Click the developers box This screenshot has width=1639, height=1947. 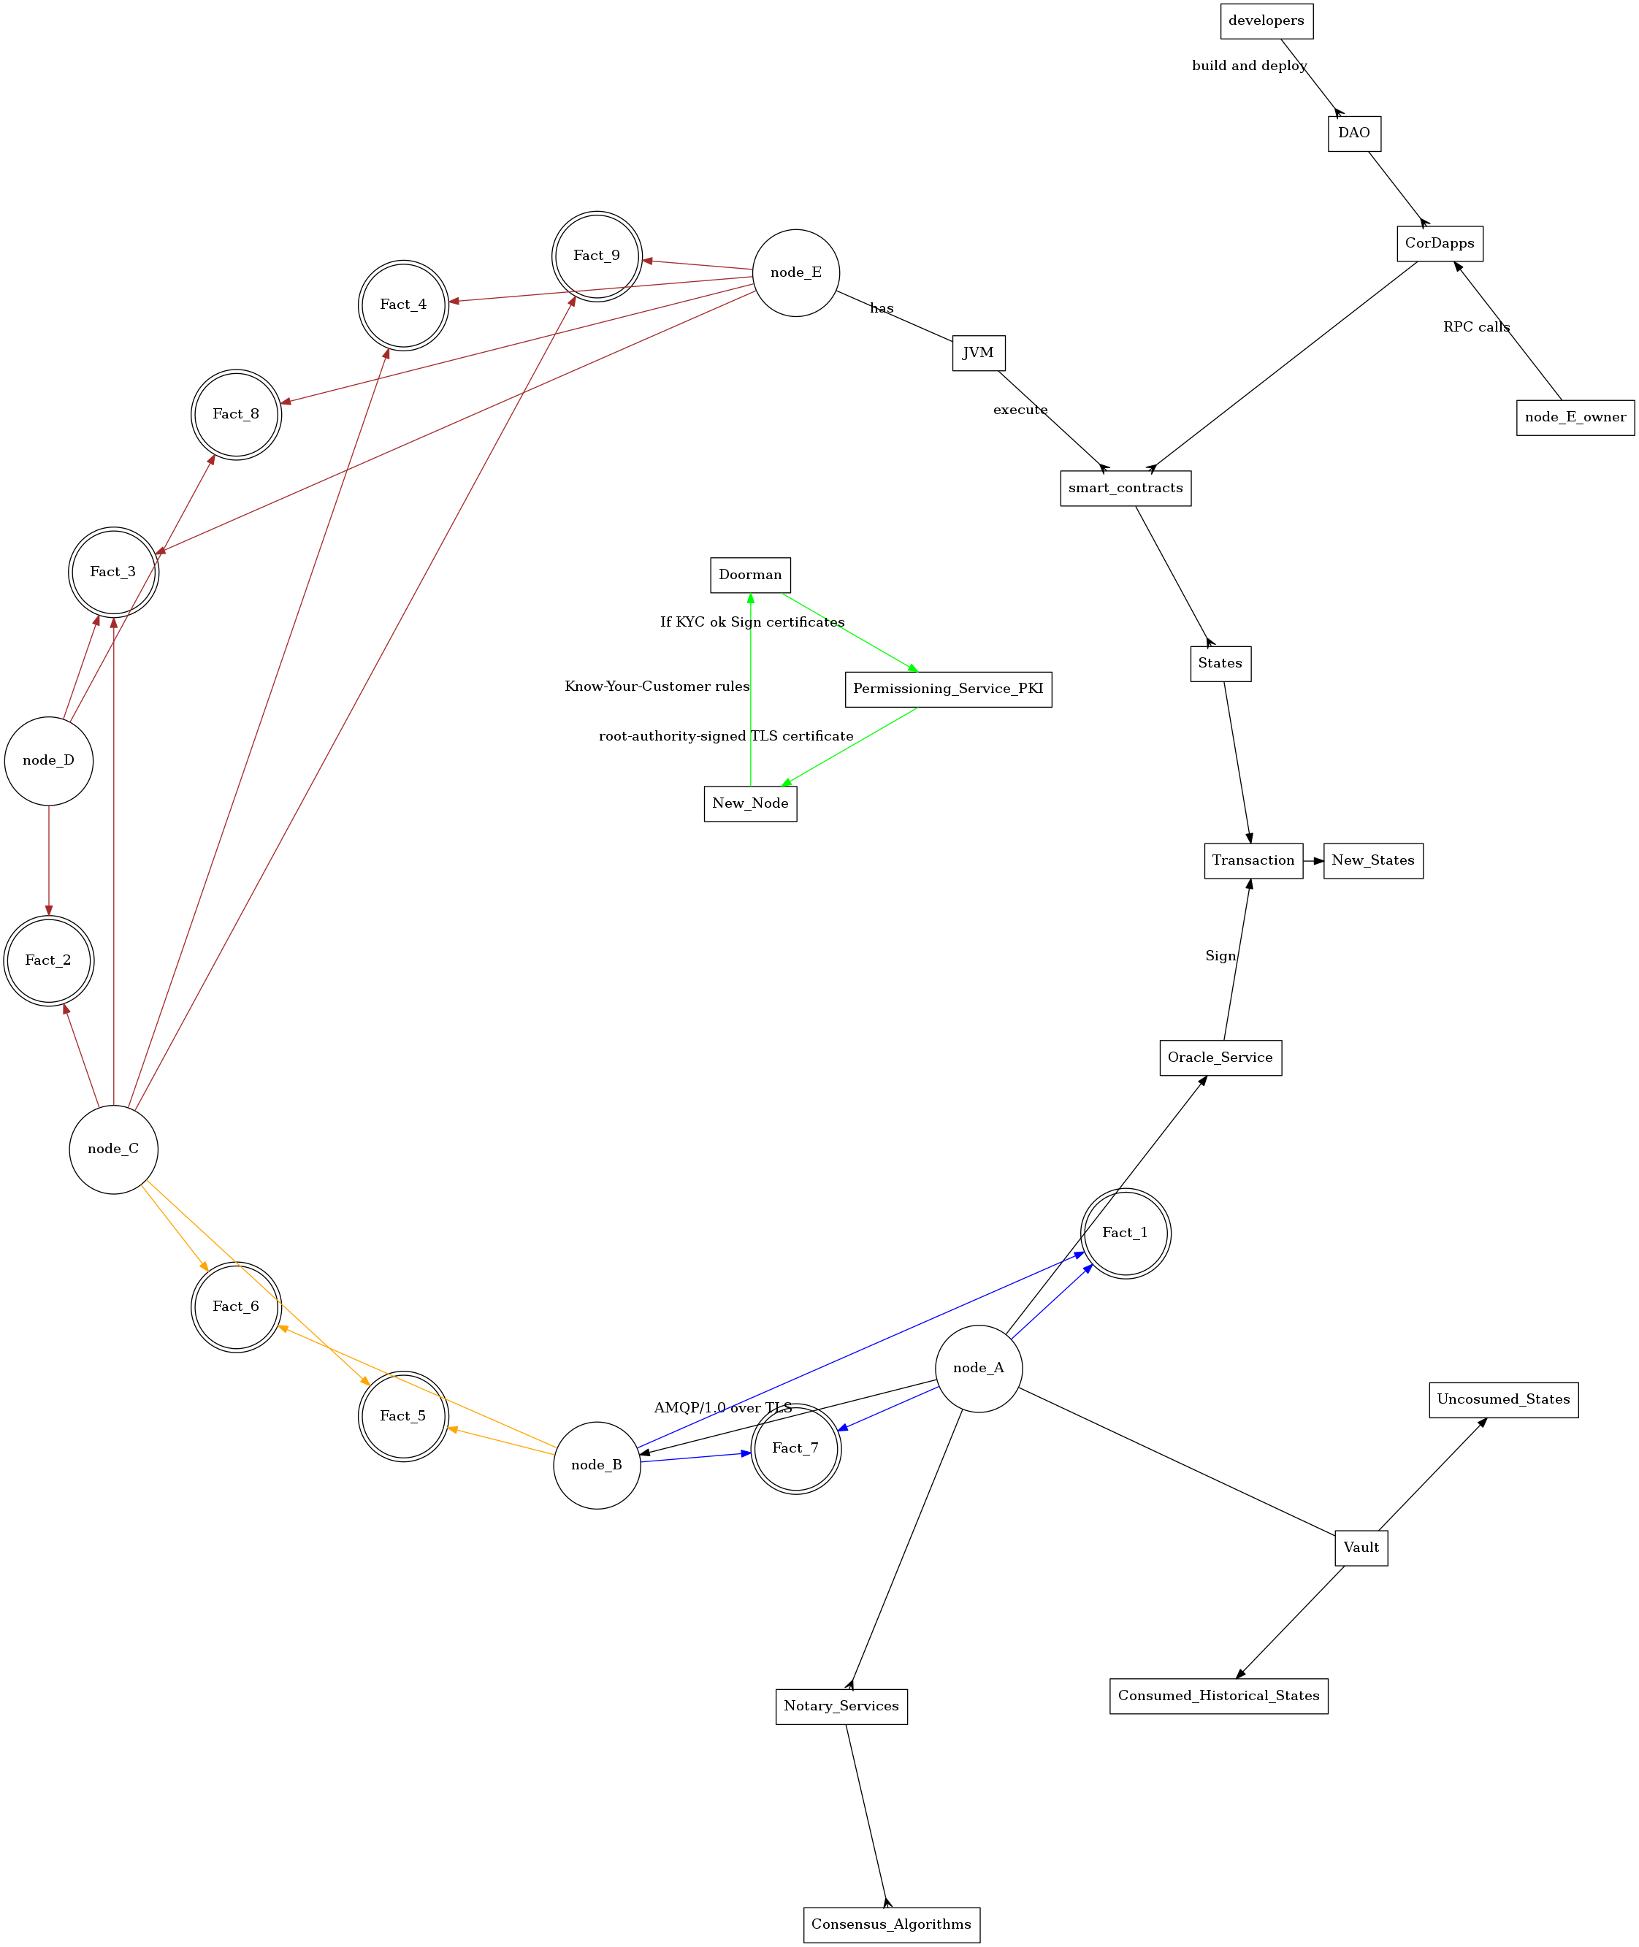click(1266, 21)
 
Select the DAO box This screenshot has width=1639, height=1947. click(1353, 133)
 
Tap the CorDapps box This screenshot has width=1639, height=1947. click(1439, 243)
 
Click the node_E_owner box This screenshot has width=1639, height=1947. click(1575, 417)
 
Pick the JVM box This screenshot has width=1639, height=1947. click(979, 353)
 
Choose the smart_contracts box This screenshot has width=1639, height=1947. click(1126, 489)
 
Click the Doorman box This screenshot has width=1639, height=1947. click(750, 575)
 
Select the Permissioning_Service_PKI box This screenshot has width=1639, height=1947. click(948, 689)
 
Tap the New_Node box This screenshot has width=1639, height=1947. click(750, 803)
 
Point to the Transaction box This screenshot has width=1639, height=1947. click(1253, 861)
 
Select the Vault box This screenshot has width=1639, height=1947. click(1361, 1548)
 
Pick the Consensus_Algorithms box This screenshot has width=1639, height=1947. click(891, 1924)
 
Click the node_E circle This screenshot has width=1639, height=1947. click(796, 273)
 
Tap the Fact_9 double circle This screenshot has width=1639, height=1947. click(597, 256)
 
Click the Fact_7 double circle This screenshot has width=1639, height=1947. click(795, 1448)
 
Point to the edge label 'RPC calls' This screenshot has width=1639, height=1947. click(1476, 327)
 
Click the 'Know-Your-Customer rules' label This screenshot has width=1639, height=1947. click(657, 686)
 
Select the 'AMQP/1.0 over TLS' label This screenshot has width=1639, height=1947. click(723, 1408)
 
